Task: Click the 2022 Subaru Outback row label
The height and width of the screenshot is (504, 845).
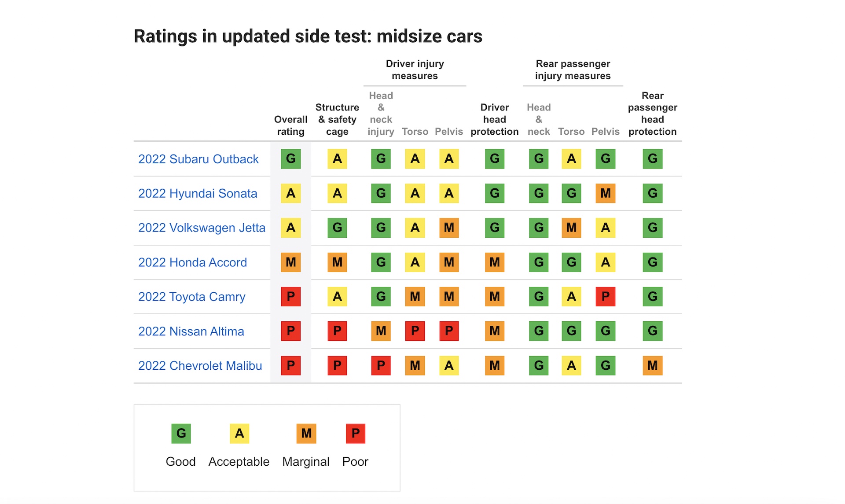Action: point(198,159)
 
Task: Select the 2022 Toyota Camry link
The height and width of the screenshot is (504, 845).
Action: point(191,297)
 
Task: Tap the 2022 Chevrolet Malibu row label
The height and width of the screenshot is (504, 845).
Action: point(200,366)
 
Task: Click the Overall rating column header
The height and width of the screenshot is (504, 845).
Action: point(290,125)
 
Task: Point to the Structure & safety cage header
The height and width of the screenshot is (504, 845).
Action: point(337,119)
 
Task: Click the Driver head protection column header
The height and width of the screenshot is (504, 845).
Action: point(494,119)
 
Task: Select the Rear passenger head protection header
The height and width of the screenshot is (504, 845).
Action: point(652,114)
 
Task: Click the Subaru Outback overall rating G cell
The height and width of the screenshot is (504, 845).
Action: point(290,159)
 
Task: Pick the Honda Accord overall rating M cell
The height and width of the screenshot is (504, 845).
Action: point(290,262)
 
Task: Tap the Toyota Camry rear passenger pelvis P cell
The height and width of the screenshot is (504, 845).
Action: point(605,297)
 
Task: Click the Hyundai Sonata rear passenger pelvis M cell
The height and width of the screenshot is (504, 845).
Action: point(605,193)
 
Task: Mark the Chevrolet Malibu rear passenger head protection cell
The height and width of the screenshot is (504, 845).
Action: point(652,366)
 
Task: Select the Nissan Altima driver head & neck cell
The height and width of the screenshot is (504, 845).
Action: point(381,331)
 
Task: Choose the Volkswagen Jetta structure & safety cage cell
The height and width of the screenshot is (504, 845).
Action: point(337,228)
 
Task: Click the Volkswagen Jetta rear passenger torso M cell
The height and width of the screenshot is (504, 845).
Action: point(571,228)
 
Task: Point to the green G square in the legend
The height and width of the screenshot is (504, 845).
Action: point(181,434)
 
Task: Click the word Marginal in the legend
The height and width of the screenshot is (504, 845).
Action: point(306,462)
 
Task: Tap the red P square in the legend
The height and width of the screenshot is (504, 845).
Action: point(355,434)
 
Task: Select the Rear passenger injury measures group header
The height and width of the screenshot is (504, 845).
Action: point(573,70)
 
